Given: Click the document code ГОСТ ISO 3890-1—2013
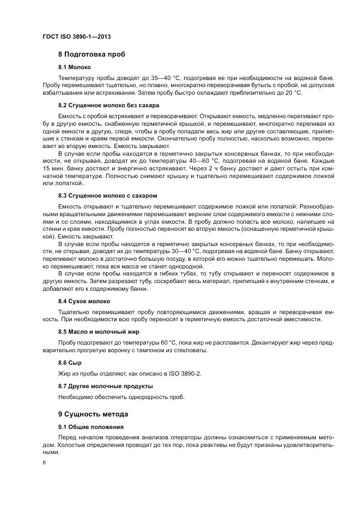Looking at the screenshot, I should coord(77,36).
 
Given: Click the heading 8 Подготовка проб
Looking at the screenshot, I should coord(91,54).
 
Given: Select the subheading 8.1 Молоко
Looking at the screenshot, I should coord(75,67).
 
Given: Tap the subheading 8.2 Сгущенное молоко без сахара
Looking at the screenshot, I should coord(108,105).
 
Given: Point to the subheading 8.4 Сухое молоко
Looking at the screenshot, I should coord(84,301).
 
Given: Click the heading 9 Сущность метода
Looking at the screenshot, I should coord(93,413).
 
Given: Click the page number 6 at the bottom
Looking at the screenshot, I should coord(44,462).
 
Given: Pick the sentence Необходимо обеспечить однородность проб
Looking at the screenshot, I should coord(121,397).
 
